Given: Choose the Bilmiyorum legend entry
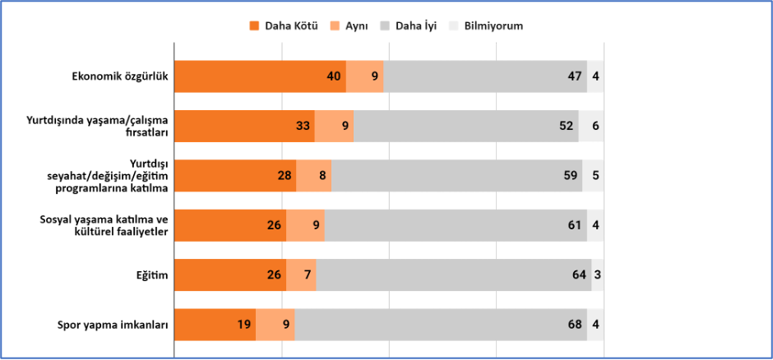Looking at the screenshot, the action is pos(486,26).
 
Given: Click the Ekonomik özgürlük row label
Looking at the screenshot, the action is pos(120,76).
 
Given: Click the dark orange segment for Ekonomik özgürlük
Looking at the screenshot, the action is pos(261,76).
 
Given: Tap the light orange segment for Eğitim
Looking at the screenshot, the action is pos(301,275).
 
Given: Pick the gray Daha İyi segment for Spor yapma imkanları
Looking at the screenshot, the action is pos(441,325).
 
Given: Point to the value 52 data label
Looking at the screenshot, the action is pos(567,126).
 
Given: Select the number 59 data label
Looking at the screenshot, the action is pos(571,175).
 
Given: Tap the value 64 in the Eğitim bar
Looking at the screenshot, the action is pos(580,275).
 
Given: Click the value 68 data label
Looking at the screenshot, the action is pos(576,325).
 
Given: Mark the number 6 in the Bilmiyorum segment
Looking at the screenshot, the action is pos(595,126).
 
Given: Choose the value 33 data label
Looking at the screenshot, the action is pos(303,126).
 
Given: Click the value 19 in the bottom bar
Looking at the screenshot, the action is pos(244,325).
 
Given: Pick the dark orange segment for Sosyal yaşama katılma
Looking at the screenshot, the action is pos(230,225).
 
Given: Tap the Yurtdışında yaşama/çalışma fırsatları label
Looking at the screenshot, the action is pos(97,126).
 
